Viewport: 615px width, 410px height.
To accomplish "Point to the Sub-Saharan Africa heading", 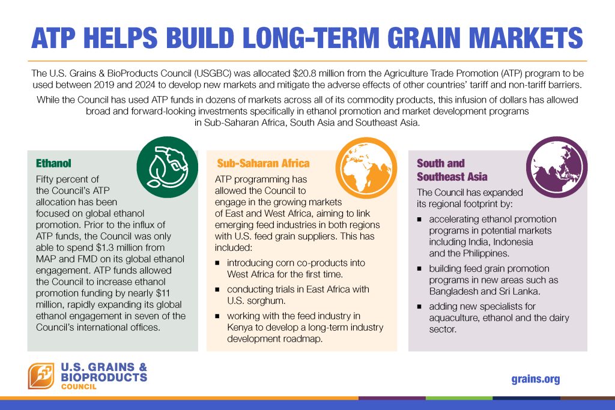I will [x=263, y=163].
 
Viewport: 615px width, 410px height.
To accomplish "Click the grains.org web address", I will [x=536, y=379].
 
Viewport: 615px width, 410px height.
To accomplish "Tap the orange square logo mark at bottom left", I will [x=41, y=376].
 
